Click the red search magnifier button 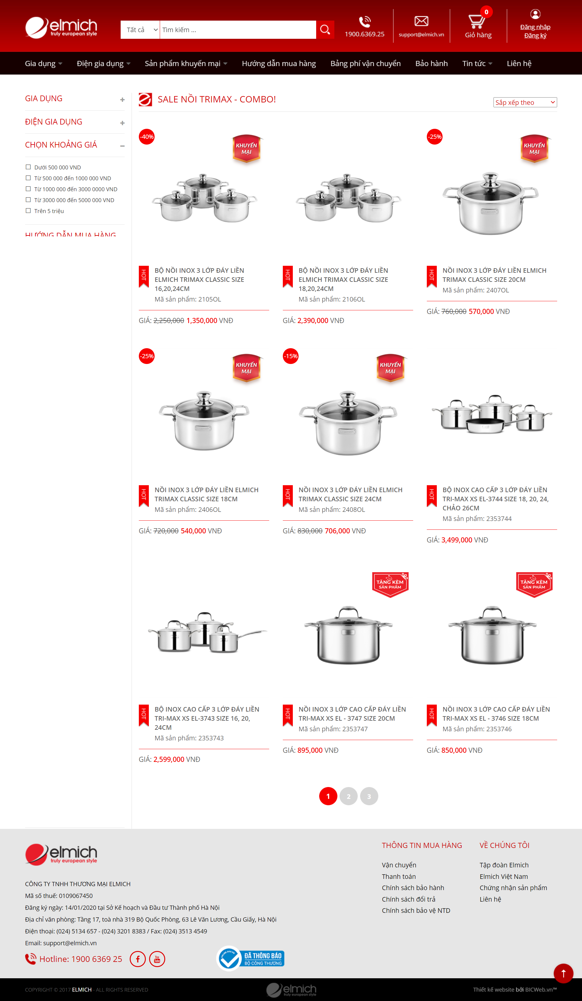pos(325,30)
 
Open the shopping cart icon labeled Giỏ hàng pos(477,22)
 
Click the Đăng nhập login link pos(535,27)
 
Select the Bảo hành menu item pos(431,64)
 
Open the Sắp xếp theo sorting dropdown pos(525,102)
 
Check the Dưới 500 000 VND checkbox pos(28,167)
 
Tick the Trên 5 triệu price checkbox pos(28,211)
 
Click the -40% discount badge pos(147,137)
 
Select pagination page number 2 pos(348,796)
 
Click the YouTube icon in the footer pos(157,959)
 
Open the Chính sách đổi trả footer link pos(408,899)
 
